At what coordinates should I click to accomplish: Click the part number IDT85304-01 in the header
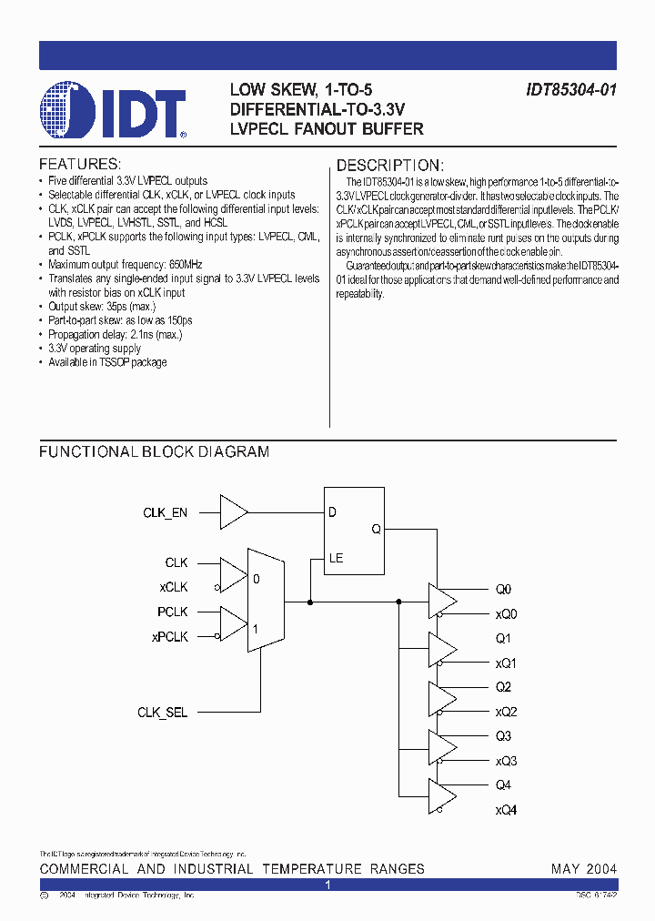click(x=571, y=90)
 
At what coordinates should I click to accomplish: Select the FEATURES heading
click(x=79, y=165)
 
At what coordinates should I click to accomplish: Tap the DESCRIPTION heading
click(x=389, y=166)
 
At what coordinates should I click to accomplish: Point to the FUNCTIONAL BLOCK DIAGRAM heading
click(x=154, y=451)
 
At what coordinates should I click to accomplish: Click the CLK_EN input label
click(x=166, y=513)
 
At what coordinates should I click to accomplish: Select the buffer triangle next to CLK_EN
click(x=234, y=512)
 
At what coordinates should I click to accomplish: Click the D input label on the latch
click(x=333, y=512)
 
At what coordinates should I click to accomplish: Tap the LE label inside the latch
click(x=336, y=558)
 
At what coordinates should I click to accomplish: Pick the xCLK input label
click(x=173, y=588)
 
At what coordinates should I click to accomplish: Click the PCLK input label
click(x=172, y=612)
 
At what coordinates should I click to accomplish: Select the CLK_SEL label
click(x=163, y=713)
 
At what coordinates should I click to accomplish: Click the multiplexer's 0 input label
click(x=256, y=578)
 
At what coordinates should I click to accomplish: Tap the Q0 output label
click(x=503, y=589)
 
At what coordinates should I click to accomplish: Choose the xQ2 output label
click(x=506, y=712)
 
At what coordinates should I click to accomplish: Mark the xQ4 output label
click(x=506, y=810)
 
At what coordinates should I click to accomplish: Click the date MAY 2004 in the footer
click(x=583, y=869)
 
